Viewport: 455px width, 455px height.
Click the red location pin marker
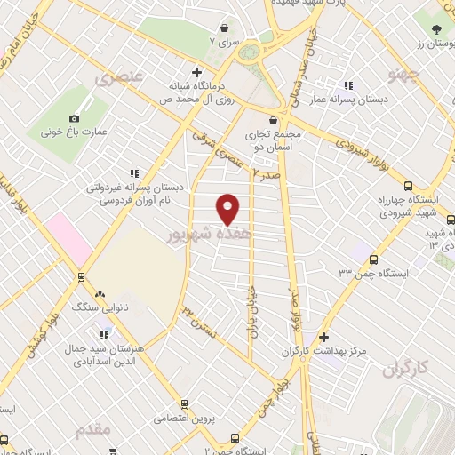click(228, 209)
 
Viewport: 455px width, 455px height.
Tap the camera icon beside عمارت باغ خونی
click(74, 118)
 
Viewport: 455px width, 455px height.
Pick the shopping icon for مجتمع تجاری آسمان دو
click(273, 121)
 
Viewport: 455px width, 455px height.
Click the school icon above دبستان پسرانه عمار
click(348, 85)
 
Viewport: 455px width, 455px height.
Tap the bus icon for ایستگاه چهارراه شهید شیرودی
click(408, 187)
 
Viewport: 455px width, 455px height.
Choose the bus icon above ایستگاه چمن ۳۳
click(373, 260)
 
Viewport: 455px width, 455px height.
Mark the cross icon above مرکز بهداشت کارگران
click(323, 338)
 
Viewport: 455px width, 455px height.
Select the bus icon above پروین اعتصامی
click(184, 403)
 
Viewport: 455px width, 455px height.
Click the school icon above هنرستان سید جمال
click(104, 335)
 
